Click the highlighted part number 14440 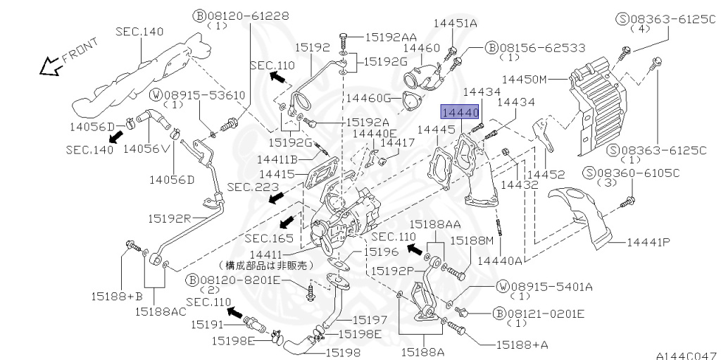pyautogui.click(x=460, y=112)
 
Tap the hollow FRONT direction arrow pyautogui.click(x=51, y=68)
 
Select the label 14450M pyautogui.click(x=524, y=79)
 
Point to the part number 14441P pyautogui.click(x=648, y=242)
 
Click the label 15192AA pyautogui.click(x=391, y=37)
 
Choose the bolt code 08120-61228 pyautogui.click(x=247, y=16)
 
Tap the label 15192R pyautogui.click(x=169, y=218)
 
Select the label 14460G pyautogui.click(x=368, y=98)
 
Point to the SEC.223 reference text pyautogui.click(x=253, y=187)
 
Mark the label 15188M pyautogui.click(x=471, y=240)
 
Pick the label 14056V pyautogui.click(x=140, y=148)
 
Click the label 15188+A pyautogui.click(x=522, y=345)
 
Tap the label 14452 pyautogui.click(x=546, y=175)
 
